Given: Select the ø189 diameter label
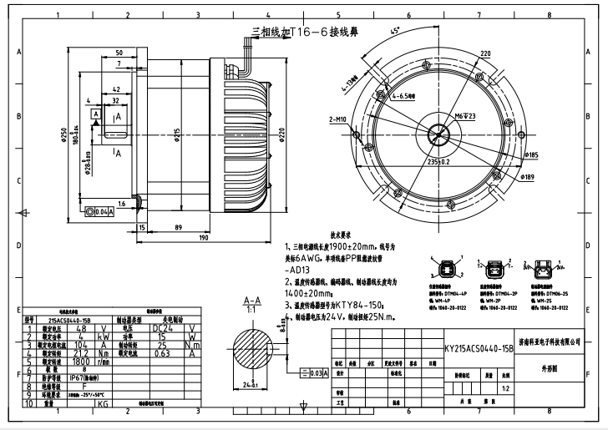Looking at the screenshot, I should [x=528, y=177].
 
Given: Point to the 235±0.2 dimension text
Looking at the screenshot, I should [x=439, y=162].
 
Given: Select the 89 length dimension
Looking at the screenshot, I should [x=179, y=226].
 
